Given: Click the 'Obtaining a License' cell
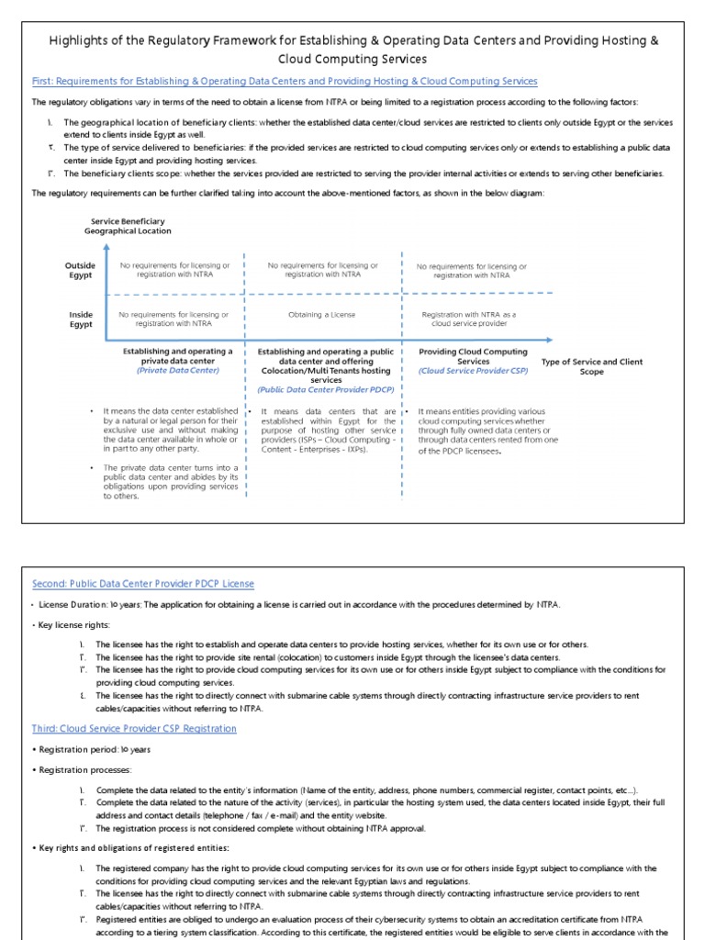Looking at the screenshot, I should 322,314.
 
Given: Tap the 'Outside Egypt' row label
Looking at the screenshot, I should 80,271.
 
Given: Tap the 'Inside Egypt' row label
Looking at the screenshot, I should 81,319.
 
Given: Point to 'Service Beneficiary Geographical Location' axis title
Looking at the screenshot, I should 128,227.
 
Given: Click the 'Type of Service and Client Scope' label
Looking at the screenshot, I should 592,366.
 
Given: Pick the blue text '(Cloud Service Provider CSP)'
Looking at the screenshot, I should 473,371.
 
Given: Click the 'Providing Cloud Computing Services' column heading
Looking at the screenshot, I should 473,356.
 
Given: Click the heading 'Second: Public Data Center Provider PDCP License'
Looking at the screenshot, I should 143,584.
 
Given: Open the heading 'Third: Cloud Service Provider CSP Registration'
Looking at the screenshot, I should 134,728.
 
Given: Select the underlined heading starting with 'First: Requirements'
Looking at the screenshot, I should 285,82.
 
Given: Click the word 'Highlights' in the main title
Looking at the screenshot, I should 76,41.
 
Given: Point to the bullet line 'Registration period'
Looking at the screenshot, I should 83,750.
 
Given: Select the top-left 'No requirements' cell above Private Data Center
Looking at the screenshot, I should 173,270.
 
